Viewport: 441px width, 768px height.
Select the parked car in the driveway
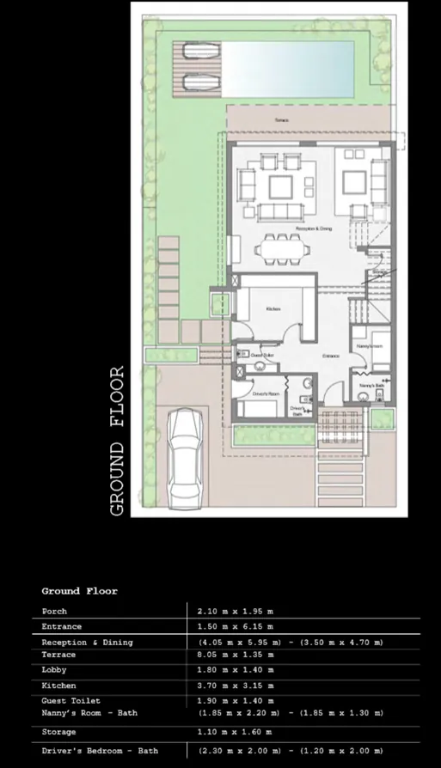[x=187, y=457]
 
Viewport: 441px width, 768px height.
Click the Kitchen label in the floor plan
[x=273, y=308]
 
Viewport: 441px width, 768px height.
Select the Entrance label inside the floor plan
[x=331, y=355]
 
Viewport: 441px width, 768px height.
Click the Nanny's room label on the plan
[x=369, y=346]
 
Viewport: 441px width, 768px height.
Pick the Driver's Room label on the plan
[x=269, y=393]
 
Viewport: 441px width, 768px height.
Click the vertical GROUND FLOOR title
[x=118, y=441]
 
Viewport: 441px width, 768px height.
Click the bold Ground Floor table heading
[x=79, y=591]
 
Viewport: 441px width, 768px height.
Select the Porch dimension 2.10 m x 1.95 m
[x=235, y=612]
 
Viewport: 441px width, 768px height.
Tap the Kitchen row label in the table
[x=58, y=686]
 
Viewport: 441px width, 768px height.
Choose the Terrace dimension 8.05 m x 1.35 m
[x=235, y=655]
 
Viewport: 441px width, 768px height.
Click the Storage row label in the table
[x=58, y=732]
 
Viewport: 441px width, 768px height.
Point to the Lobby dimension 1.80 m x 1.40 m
[x=235, y=670]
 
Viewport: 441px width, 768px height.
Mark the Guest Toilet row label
[x=71, y=701]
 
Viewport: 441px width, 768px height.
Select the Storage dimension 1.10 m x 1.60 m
[x=235, y=732]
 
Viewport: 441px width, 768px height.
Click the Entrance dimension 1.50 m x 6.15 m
[x=235, y=627]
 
